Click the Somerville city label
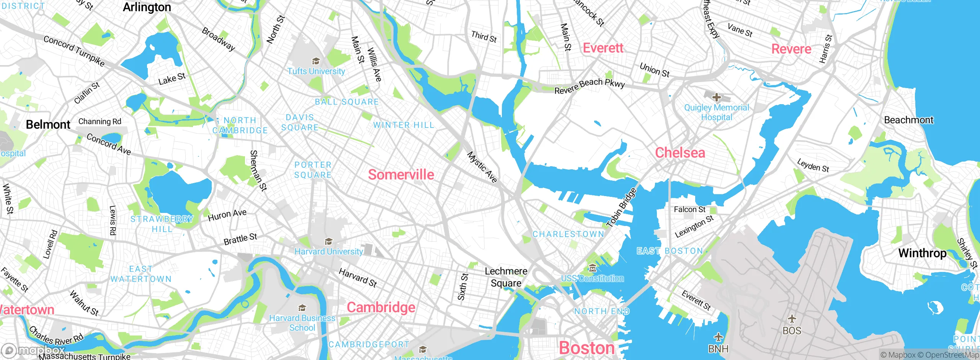click(x=401, y=175)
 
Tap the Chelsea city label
click(x=680, y=153)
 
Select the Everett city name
click(x=603, y=48)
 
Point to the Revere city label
click(x=791, y=49)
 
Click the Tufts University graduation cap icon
click(x=316, y=61)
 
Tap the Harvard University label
click(x=328, y=252)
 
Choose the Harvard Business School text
click(x=302, y=323)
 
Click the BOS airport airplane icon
click(x=792, y=319)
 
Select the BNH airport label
click(x=718, y=349)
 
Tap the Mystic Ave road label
click(x=482, y=167)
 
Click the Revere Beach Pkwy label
click(x=590, y=86)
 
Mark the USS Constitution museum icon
click(x=592, y=268)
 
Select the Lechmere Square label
click(x=506, y=277)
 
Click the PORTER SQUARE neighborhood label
click(x=313, y=170)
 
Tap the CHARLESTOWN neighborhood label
click(x=568, y=234)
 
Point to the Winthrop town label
click(x=922, y=253)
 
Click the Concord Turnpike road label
click(x=74, y=51)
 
